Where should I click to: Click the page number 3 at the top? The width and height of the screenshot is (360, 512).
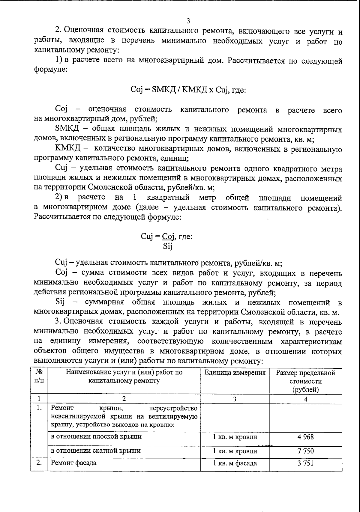click(x=188, y=21)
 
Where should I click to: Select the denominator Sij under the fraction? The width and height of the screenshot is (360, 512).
click(x=167, y=246)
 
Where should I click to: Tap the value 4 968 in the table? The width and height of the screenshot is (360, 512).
click(x=305, y=437)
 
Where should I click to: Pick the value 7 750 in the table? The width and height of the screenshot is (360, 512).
click(x=305, y=451)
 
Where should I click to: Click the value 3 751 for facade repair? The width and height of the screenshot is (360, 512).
click(x=305, y=463)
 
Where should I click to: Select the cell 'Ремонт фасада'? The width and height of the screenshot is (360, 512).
click(x=74, y=463)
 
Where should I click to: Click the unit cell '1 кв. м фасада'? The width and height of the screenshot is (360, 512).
click(x=235, y=463)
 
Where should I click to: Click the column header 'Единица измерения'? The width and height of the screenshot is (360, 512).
click(x=235, y=373)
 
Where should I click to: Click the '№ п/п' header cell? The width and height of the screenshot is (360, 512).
click(x=39, y=377)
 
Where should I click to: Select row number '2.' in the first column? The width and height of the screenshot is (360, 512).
click(x=39, y=463)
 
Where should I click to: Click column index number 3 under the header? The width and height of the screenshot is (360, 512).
click(x=235, y=399)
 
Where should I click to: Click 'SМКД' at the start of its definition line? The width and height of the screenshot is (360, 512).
click(x=67, y=129)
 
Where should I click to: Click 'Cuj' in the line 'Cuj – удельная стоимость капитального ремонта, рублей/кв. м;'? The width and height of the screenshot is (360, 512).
click(x=62, y=263)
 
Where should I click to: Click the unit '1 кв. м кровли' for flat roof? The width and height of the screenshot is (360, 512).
click(x=235, y=437)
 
